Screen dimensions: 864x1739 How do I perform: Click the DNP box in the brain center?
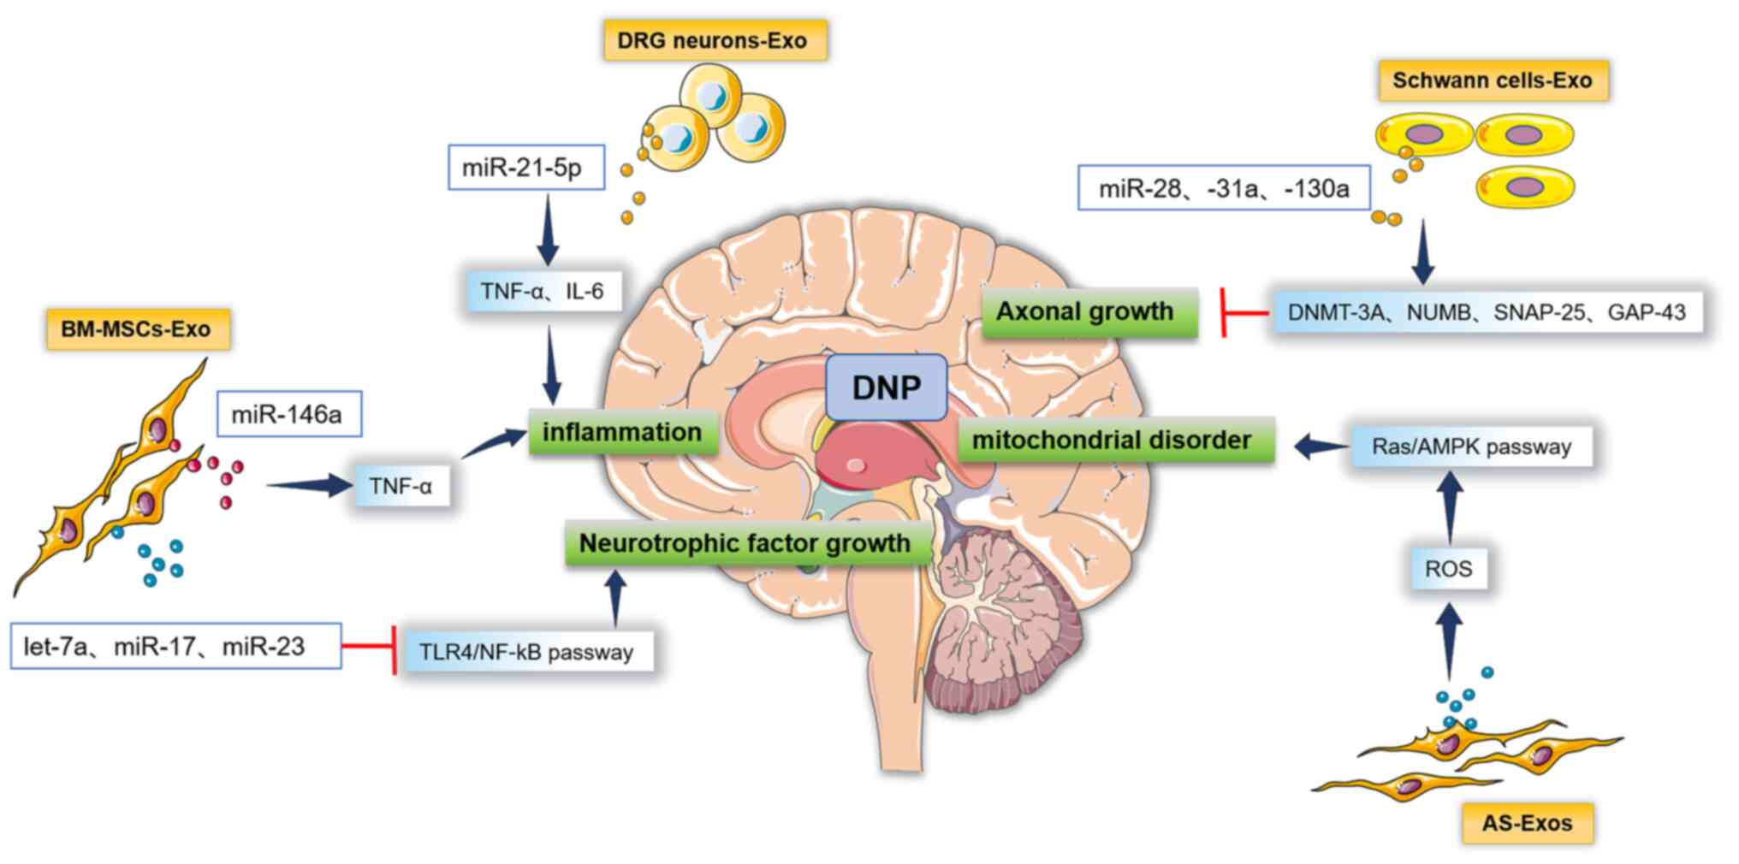(886, 388)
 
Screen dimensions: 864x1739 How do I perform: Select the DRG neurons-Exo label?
(714, 40)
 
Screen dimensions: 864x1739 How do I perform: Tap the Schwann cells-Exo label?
(1492, 80)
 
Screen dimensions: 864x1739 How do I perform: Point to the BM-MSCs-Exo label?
(137, 328)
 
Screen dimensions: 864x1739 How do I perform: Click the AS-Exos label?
(1527, 823)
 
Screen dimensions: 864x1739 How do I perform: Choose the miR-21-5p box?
(525, 167)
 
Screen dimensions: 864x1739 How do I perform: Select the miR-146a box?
(288, 415)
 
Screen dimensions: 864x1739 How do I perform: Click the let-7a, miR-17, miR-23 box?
(175, 646)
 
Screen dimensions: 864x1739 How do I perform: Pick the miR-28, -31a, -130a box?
(1223, 187)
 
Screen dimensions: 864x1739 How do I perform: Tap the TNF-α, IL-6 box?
(543, 291)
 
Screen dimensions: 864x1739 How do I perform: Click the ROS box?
(1448, 569)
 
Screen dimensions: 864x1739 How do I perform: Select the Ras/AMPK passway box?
(1471, 447)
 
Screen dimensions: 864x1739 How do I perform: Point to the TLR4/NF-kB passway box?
(526, 652)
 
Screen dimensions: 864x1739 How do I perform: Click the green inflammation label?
(621, 432)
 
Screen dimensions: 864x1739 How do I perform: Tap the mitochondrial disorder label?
(1113, 440)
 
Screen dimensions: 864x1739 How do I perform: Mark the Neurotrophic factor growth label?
(745, 543)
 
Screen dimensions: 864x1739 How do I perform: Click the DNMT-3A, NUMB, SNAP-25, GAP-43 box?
(1486, 312)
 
